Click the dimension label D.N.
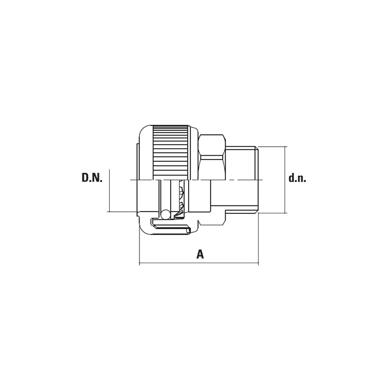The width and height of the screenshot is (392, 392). click(92, 178)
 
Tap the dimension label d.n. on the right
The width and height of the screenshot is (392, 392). click(297, 178)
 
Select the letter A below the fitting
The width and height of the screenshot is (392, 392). click(200, 254)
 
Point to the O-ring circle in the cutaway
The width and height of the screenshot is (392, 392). click(166, 214)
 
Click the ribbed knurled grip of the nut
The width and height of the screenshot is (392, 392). click(170, 152)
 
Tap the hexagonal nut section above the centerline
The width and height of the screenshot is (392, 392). click(212, 157)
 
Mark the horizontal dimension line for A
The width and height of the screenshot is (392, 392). click(199, 263)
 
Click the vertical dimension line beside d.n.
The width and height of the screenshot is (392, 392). click(284, 180)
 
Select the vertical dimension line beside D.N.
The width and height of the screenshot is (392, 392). click(110, 190)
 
